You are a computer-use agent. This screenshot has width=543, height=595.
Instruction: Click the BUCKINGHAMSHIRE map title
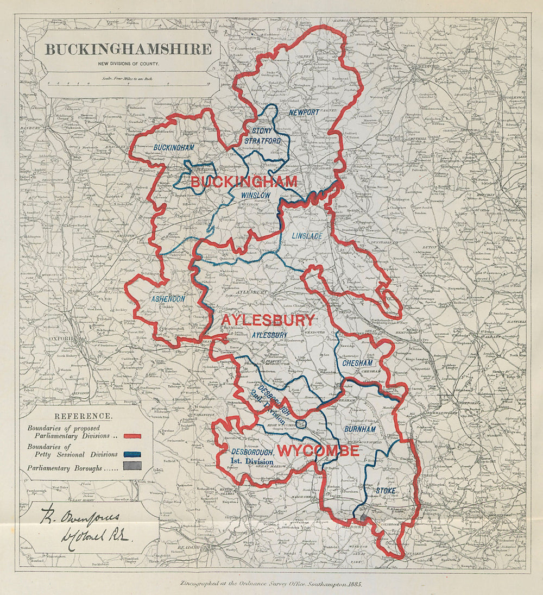coord(128,49)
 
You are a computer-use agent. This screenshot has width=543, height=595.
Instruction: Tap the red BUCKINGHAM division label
coord(243,181)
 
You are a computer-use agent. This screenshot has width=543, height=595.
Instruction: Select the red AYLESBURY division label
coord(267,320)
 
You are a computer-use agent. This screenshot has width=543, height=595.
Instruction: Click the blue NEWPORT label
coord(304,112)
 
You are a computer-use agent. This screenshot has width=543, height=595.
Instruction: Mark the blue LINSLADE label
coord(307,236)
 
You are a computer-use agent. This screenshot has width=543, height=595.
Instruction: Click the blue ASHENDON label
coord(168,299)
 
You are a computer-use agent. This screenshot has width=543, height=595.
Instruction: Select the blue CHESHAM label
coord(357,363)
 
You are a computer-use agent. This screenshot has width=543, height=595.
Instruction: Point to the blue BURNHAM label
coord(359,429)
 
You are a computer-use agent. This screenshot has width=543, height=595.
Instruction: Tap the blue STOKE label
coord(386,491)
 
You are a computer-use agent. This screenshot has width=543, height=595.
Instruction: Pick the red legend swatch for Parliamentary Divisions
coord(132,436)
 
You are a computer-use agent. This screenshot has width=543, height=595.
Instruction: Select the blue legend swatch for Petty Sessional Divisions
coord(132,454)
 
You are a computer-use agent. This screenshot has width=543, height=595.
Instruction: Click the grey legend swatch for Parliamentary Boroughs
coord(132,466)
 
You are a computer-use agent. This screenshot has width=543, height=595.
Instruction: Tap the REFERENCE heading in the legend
coord(84,416)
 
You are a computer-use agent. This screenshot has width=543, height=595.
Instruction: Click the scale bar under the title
coord(128,84)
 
